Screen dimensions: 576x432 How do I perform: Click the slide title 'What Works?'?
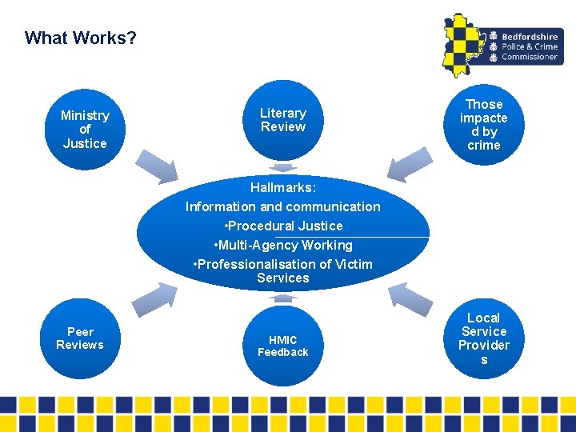pos(81,38)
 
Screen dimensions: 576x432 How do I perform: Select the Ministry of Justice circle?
pos(85,130)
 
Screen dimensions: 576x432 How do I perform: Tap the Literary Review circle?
pos(283,120)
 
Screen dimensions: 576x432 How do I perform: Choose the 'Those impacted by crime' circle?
pos(483,125)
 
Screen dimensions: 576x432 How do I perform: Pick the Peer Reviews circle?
pos(80,338)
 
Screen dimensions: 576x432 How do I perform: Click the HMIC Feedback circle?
pos(283,346)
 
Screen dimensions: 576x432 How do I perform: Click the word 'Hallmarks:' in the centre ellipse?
pos(283,188)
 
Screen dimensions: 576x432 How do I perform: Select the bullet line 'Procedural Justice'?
pos(283,226)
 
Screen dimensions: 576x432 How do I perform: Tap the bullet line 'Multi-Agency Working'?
pos(283,246)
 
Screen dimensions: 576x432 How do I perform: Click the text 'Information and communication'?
pos(283,207)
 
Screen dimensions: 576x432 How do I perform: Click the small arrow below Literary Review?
pos(282,168)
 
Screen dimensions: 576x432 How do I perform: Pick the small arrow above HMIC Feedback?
pos(282,298)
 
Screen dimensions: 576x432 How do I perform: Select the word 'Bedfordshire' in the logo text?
pos(530,36)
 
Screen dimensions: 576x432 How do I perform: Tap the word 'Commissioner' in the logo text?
pos(530,57)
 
